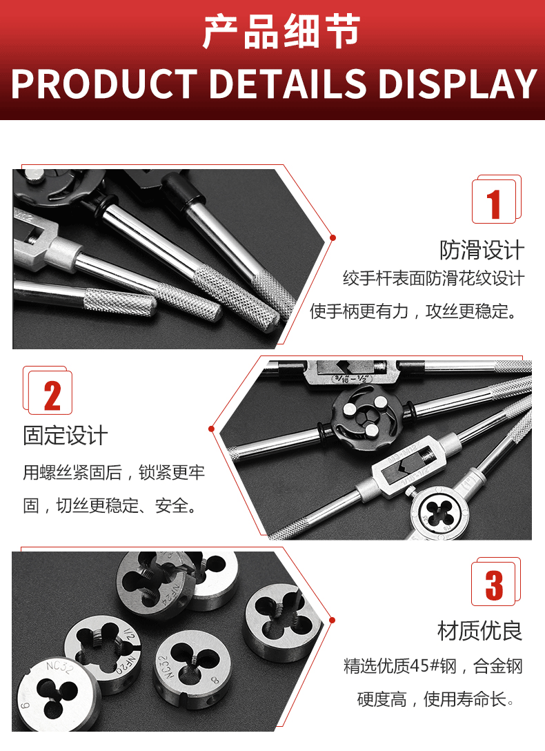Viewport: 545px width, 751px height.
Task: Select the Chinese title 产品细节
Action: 281,31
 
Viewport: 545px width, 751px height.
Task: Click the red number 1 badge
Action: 496,199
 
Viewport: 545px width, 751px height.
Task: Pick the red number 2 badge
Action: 48,391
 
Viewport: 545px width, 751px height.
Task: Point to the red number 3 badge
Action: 496,581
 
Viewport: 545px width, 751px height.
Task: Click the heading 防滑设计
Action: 482,251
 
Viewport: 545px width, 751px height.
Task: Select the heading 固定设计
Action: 66,436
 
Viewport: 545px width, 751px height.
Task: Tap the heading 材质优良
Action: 480,631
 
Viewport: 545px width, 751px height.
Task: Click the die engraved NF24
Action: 154,583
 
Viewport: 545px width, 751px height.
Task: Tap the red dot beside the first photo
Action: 333,237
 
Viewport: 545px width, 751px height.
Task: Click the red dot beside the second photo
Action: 211,429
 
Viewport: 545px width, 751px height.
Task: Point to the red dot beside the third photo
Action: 332,621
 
